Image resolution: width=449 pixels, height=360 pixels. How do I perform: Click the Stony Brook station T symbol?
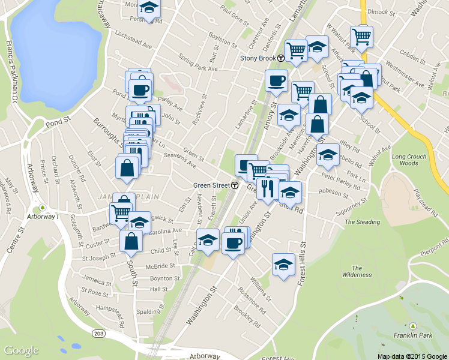281,58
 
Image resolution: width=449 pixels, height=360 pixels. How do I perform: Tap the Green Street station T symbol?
235,185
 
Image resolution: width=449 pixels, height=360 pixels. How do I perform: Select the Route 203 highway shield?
98,333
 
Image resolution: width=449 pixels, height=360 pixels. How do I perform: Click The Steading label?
362,222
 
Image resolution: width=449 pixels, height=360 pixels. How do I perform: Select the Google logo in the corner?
21,350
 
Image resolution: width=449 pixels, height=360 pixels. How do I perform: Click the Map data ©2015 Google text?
412,356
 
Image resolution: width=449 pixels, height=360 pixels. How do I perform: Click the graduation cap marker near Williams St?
283,265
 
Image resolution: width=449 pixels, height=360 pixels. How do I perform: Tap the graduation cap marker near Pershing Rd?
148,8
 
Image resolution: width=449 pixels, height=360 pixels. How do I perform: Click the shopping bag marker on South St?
131,241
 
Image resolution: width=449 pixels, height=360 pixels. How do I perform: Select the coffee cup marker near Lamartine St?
276,80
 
